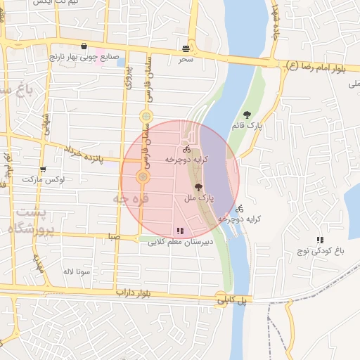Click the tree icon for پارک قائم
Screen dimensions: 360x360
pos(247,115)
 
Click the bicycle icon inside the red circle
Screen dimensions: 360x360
pos(186,149)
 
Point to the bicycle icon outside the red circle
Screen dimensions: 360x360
pos(240,209)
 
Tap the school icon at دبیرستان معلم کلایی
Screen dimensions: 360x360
pos(179,230)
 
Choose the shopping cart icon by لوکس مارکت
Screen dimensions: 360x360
pos(43,169)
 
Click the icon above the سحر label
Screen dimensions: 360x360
pos(186,49)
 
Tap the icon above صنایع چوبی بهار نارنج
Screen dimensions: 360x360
pos(84,46)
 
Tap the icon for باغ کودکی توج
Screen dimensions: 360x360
pos(320,240)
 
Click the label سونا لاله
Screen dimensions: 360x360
pos(75,271)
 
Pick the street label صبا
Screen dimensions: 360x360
pos(114,238)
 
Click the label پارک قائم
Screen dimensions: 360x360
pos(246,126)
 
